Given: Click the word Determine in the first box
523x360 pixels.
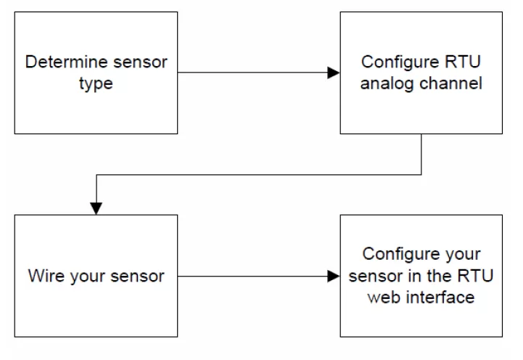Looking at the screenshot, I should tap(61, 62).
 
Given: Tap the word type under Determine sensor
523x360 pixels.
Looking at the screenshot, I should tap(96, 83).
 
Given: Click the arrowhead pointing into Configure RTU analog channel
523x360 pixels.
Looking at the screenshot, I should tap(334, 73).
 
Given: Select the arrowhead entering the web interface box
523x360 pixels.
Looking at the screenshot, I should tap(334, 276).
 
